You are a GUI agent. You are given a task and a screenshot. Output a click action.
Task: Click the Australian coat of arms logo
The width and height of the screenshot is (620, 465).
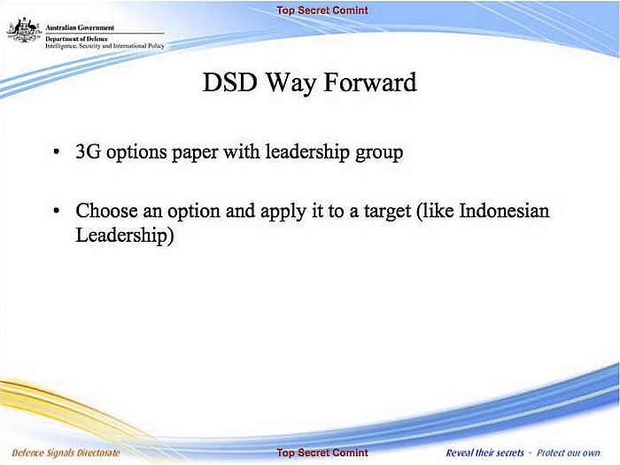24,30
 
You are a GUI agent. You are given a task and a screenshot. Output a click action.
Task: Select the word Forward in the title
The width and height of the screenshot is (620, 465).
370,82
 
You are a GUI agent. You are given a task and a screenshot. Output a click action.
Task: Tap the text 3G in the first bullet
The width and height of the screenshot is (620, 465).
88,151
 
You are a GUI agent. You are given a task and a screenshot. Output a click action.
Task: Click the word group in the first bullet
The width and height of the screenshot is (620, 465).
379,153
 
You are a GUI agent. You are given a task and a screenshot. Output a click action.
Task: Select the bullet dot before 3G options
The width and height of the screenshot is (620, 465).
57,152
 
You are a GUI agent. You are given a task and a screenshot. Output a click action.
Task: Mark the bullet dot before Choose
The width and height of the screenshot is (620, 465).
57,211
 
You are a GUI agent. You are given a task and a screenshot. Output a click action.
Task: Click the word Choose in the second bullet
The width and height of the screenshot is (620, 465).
106,211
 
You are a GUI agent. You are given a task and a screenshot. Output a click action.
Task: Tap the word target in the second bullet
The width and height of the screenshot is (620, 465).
387,212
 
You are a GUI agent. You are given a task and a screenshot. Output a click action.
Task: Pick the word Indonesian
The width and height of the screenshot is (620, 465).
504,211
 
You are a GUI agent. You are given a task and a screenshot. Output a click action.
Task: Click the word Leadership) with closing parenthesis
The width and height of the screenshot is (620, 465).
125,236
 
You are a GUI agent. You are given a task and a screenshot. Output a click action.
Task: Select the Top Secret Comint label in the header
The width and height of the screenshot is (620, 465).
322,11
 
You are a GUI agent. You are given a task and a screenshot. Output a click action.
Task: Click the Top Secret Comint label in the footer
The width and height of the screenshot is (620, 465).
322,453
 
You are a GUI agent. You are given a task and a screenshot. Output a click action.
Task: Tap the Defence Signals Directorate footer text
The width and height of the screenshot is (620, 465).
66,453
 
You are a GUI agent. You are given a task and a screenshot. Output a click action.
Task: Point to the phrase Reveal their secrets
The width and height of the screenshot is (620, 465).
484,453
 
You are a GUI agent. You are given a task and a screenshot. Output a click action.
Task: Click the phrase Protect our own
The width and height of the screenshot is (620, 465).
569,453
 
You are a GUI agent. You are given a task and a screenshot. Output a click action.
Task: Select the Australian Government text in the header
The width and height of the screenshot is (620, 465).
80,27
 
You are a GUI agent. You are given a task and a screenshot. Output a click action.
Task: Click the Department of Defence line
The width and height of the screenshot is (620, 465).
76,39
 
